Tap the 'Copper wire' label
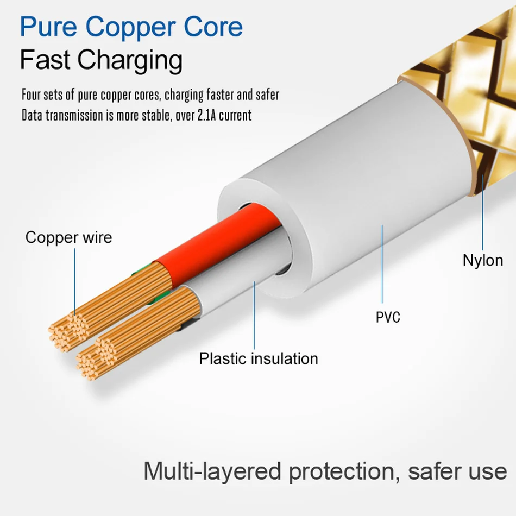[x=68, y=237]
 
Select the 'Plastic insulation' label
[x=258, y=358]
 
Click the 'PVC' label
[x=388, y=317]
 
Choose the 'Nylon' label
[x=483, y=260]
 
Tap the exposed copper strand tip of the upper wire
[x=68, y=329]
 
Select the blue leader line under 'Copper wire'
[x=75, y=282]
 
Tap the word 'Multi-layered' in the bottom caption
[x=212, y=471]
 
